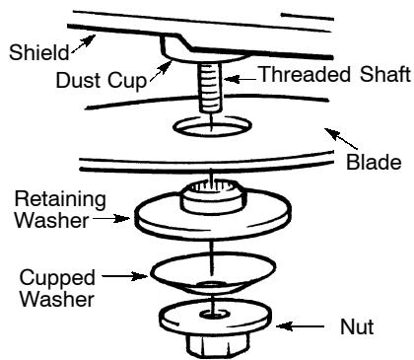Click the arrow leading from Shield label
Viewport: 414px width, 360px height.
80,39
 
